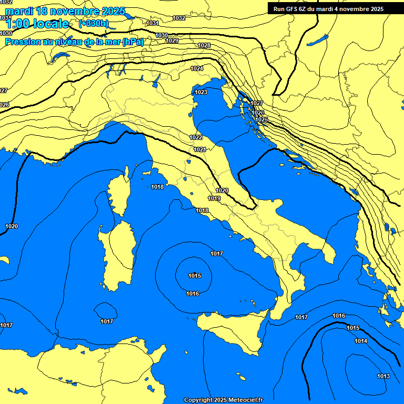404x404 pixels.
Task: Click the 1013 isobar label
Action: pos(383,376)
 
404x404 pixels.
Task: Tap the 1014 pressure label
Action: pos(361,341)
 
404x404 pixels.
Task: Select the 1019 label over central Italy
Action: pos(214,198)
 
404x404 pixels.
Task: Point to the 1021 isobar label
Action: pos(199,150)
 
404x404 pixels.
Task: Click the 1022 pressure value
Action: pos(196,137)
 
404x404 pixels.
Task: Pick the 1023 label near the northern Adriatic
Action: pos(201,93)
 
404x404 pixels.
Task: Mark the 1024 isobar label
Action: pos(197,69)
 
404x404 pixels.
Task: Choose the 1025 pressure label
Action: pos(261,120)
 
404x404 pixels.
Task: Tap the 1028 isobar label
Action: pos(204,46)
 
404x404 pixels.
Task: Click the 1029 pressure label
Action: pos(172,41)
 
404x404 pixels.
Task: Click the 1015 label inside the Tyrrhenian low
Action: pos(195,276)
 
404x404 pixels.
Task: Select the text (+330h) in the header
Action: pos(93,24)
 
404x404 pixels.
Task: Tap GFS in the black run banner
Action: pos(295,9)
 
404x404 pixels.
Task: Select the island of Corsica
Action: pos(119,192)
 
